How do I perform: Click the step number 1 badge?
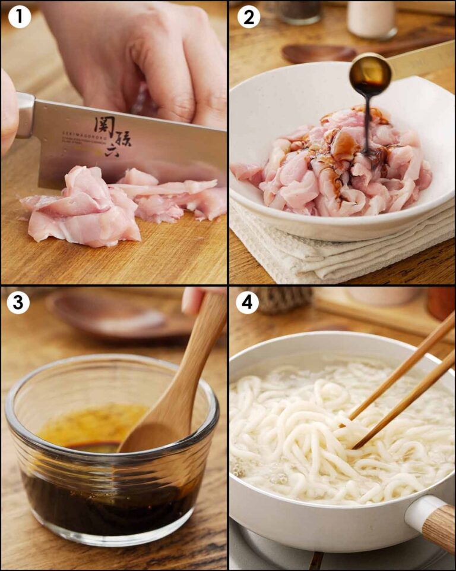[x=19, y=17]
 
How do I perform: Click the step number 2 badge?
[x=248, y=17]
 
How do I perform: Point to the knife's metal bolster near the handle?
[x=25, y=115]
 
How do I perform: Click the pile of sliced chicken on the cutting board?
[x=89, y=208]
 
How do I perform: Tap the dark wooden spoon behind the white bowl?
[x=318, y=54]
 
